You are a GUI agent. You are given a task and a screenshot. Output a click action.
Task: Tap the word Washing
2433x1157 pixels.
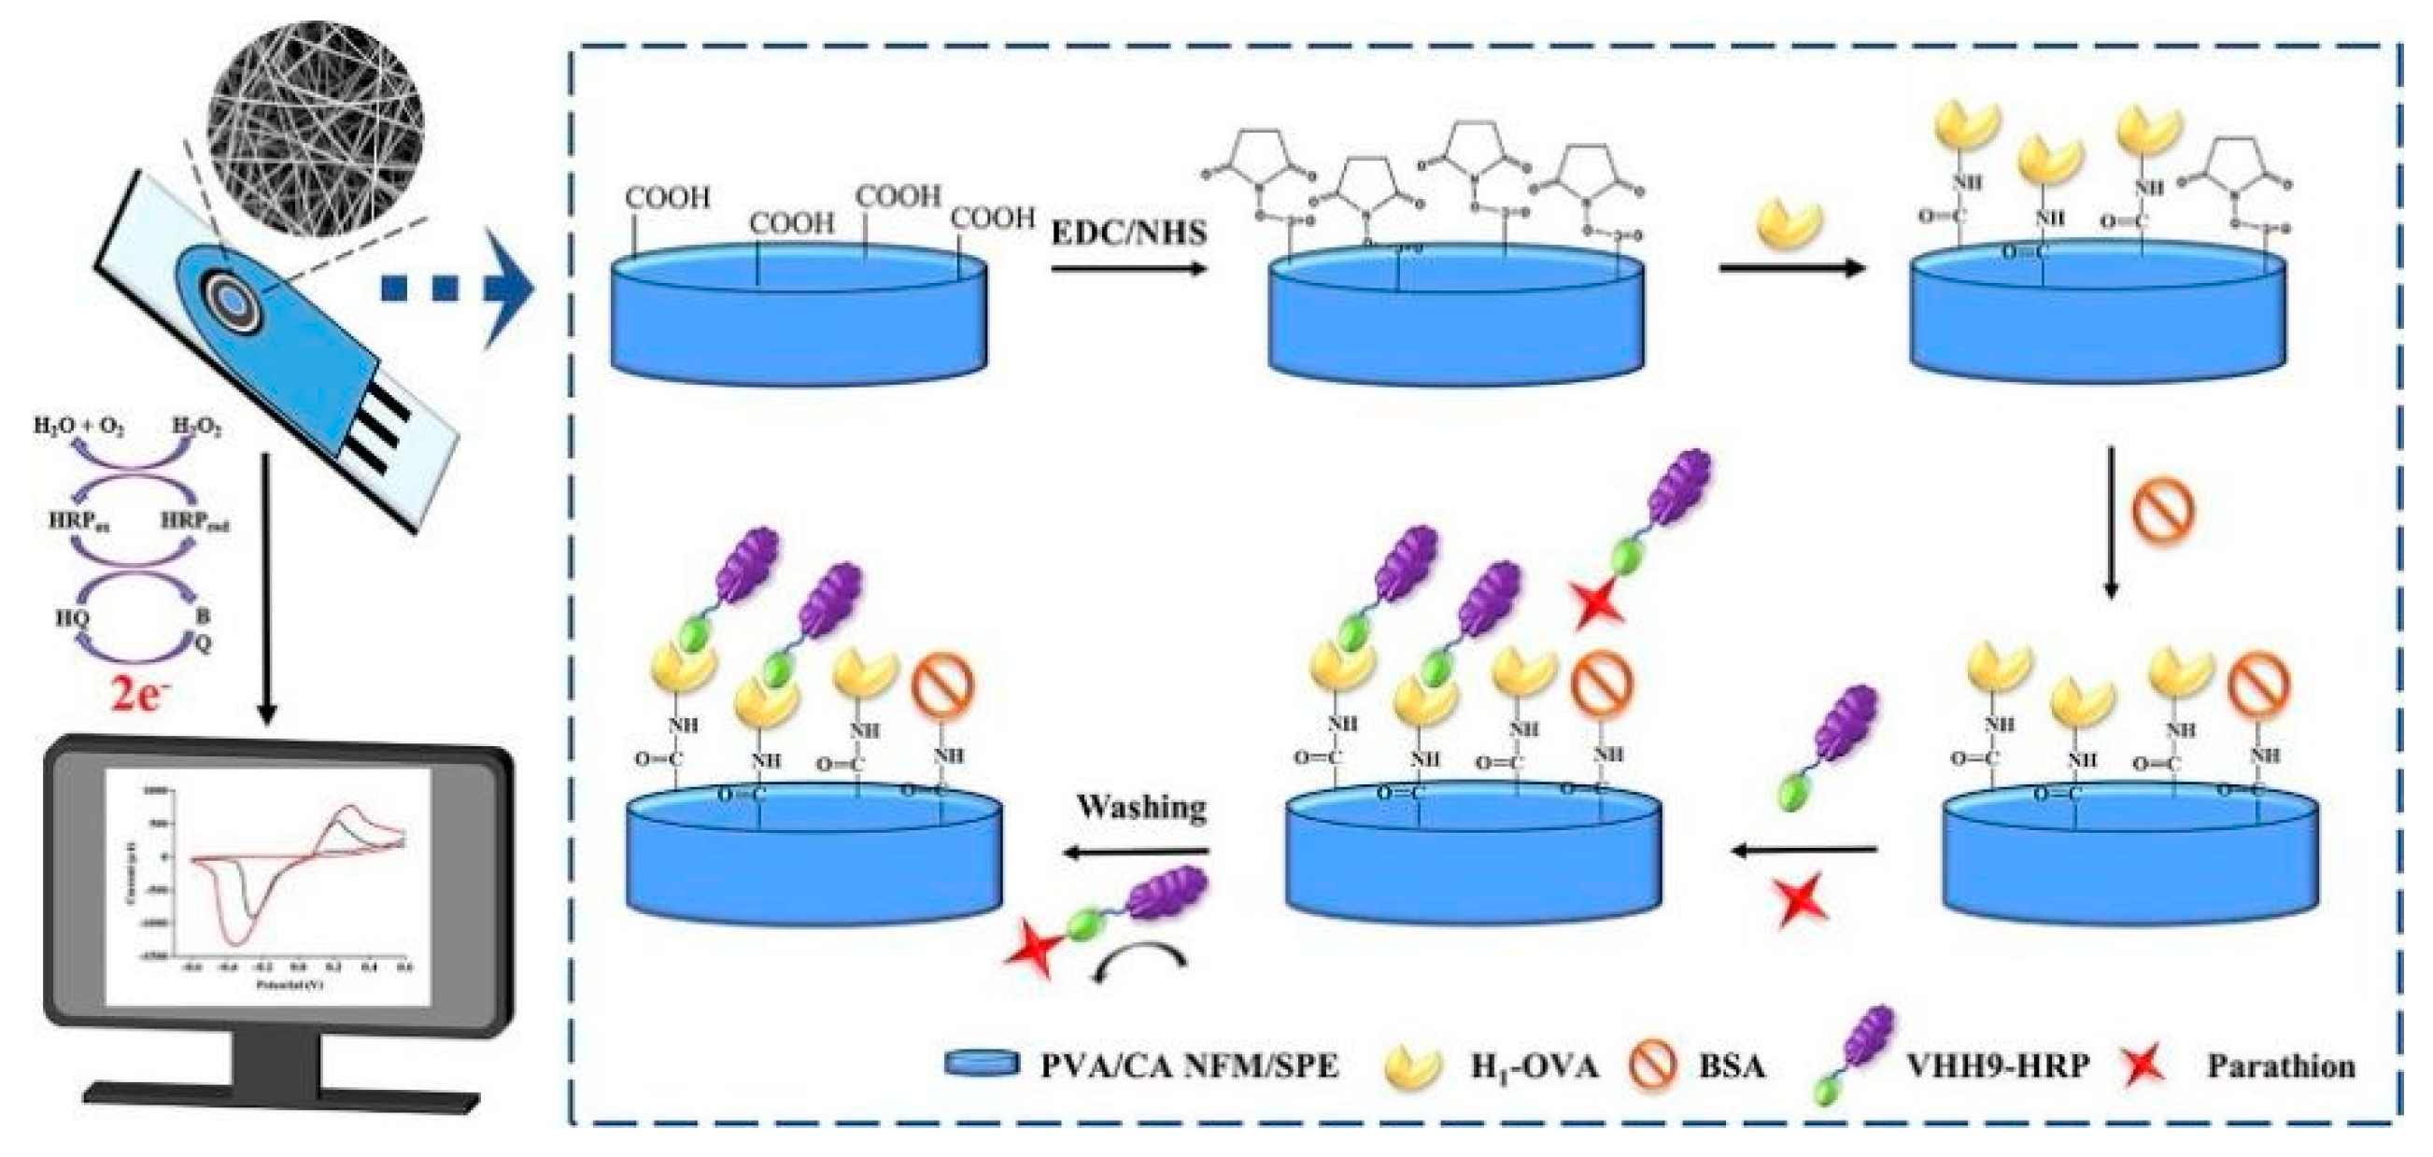coord(1141,808)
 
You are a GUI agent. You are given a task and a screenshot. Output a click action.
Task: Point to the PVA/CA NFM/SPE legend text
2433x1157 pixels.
coord(1189,1067)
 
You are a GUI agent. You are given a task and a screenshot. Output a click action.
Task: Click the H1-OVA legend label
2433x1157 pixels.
coord(1533,1067)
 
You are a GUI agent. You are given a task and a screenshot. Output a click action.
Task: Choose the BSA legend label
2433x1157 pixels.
coord(1732,1067)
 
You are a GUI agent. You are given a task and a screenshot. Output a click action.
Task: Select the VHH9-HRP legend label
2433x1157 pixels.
coord(1996,1065)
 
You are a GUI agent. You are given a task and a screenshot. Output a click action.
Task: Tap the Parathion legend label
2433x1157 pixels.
coord(2280,1066)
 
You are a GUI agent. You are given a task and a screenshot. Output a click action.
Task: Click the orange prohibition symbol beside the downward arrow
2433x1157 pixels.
coord(2163,511)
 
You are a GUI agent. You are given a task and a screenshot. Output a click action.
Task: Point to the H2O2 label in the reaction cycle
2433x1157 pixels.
coord(196,429)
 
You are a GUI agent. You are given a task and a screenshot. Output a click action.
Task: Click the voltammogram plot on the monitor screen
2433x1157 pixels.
coord(268,886)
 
